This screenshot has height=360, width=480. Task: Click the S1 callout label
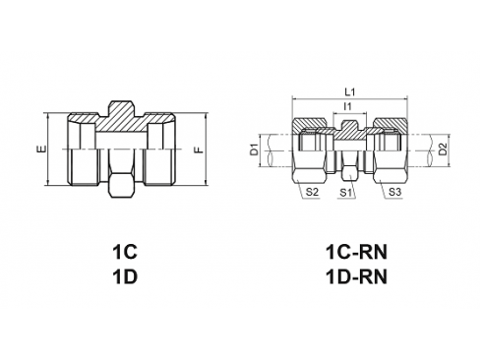point(345,193)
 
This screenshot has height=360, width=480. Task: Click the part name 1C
point(123,252)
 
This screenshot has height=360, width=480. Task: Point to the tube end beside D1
point(277,151)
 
